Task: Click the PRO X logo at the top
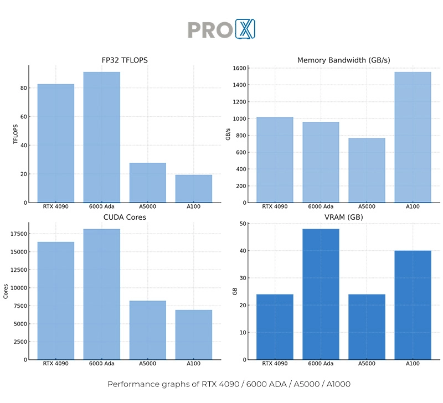(221, 29)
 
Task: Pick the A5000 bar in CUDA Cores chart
(147, 330)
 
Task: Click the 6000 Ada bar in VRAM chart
(321, 294)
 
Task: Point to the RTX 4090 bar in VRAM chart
(275, 327)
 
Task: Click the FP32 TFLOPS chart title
(124, 60)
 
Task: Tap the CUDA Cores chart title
(124, 217)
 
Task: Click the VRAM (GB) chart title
(343, 217)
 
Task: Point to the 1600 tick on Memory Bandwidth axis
(239, 68)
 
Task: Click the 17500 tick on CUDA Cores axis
(18, 234)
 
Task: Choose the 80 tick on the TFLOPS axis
(24, 88)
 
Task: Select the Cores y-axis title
(6, 291)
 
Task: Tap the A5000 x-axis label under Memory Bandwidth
(367, 207)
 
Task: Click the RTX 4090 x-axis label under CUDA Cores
(55, 364)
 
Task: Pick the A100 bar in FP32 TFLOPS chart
(193, 189)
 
